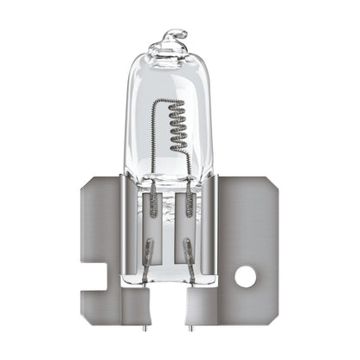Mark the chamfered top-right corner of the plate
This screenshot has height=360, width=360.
[x=275, y=189]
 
